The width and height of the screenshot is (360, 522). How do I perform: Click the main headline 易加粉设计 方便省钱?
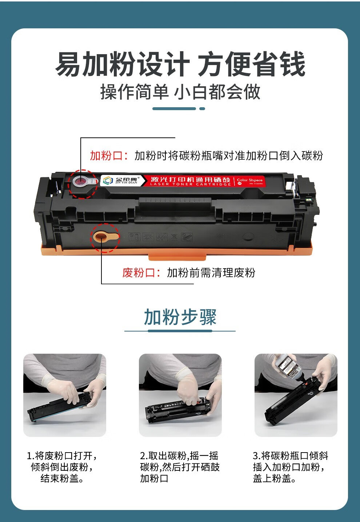[x=180, y=64]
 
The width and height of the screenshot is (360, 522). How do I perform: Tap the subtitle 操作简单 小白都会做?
[x=180, y=92]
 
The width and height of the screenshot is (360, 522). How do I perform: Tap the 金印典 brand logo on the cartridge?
[x=120, y=180]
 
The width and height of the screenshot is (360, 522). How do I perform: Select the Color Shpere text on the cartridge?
[x=249, y=180]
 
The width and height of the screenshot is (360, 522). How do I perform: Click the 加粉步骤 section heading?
[x=180, y=317]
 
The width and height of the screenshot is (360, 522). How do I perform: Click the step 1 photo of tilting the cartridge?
[x=65, y=395]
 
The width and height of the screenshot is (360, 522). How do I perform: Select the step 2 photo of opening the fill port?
[x=180, y=395]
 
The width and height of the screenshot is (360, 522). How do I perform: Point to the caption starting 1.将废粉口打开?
[x=62, y=467]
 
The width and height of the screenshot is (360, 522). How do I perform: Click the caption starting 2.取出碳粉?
[x=180, y=467]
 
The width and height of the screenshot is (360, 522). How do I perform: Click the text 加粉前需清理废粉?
[x=211, y=273]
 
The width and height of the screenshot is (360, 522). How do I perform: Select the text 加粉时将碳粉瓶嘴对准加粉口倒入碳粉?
[x=228, y=156]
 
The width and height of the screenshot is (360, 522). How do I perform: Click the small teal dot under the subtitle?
[x=202, y=109]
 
